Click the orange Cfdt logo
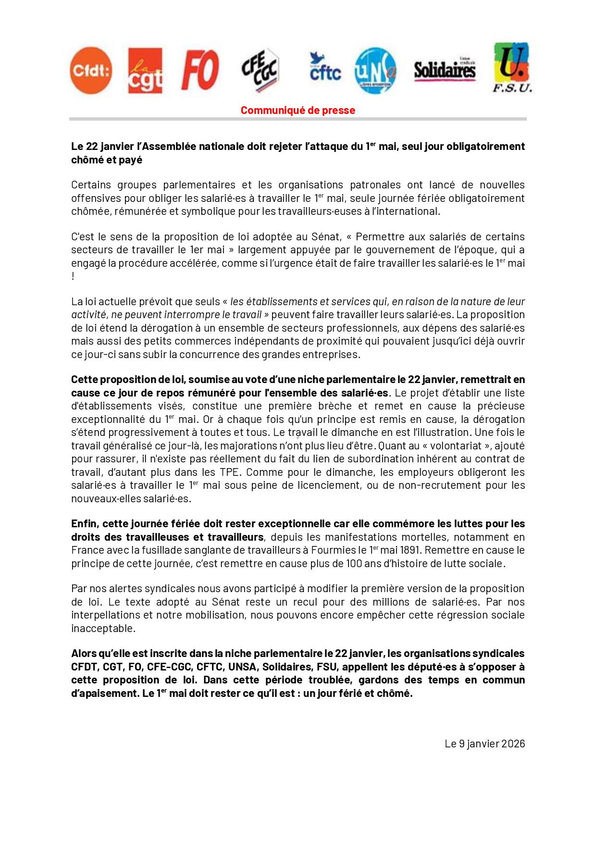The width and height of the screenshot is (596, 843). [x=91, y=71]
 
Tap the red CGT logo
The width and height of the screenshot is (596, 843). [x=145, y=71]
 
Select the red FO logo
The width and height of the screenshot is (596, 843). [x=200, y=71]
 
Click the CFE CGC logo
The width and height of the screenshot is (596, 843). [x=260, y=70]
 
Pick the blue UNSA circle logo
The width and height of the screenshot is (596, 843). [x=375, y=71]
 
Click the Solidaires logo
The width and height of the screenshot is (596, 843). [x=445, y=70]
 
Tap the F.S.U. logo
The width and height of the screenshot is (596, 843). [x=512, y=68]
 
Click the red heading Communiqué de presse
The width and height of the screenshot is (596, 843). [x=298, y=110]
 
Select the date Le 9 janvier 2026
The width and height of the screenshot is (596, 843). [x=484, y=744]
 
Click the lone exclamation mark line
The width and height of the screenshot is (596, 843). [x=73, y=276]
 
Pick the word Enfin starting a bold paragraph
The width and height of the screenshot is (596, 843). [x=85, y=523]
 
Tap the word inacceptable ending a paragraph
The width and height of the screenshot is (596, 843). [x=103, y=628]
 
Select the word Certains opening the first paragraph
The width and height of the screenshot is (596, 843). [x=92, y=185]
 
